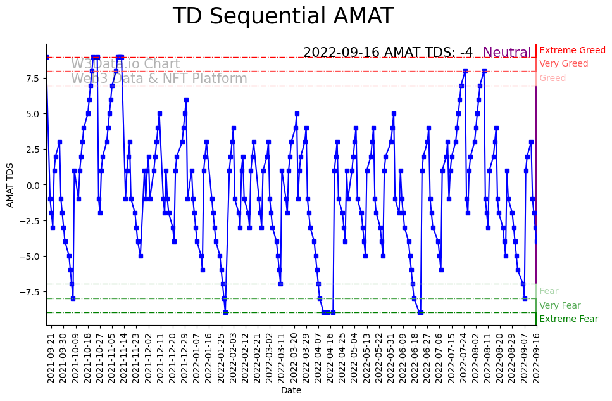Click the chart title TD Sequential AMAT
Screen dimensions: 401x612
pyautogui.click(x=283, y=16)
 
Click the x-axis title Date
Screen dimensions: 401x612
pyautogui.click(x=291, y=391)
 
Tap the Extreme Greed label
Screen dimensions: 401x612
pyautogui.click(x=572, y=50)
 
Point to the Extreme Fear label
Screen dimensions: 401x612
pyautogui.click(x=568, y=319)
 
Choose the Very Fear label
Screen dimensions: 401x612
pyautogui.click(x=559, y=305)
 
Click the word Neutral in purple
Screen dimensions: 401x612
pyautogui.click(x=507, y=53)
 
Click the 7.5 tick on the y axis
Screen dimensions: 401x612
pyautogui.click(x=32, y=79)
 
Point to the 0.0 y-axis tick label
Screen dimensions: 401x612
pyautogui.click(x=32, y=185)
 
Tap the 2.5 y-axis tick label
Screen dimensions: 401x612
pyautogui.click(x=32, y=150)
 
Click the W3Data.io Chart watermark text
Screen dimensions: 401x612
pyautogui.click(x=125, y=64)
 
